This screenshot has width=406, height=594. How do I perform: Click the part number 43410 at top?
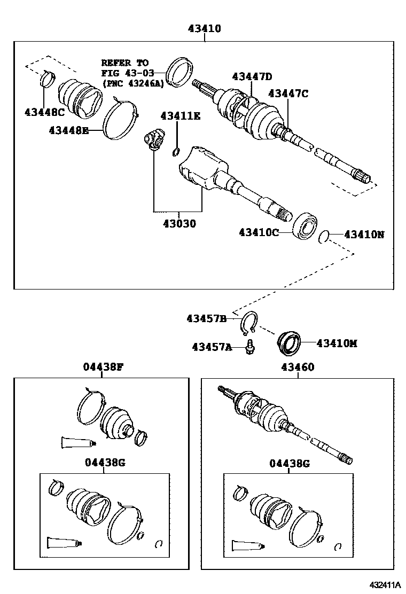pyautogui.click(x=204, y=29)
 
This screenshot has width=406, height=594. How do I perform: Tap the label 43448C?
pyautogui.click(x=44, y=112)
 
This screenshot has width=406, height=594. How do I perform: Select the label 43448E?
pyautogui.click(x=69, y=130)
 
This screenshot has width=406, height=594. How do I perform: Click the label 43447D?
pyautogui.click(x=252, y=76)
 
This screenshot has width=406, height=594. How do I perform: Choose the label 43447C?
pyautogui.click(x=288, y=93)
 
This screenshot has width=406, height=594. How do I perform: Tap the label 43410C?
pyautogui.click(x=259, y=232)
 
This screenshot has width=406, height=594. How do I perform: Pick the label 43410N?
pyautogui.click(x=364, y=234)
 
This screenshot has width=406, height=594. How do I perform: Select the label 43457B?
pyautogui.click(x=207, y=319)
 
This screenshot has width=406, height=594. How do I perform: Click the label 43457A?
pyautogui.click(x=212, y=347)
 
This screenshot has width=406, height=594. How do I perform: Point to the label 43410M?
pyautogui.click(x=337, y=343)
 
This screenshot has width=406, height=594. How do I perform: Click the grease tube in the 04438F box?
pyautogui.click(x=77, y=442)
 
